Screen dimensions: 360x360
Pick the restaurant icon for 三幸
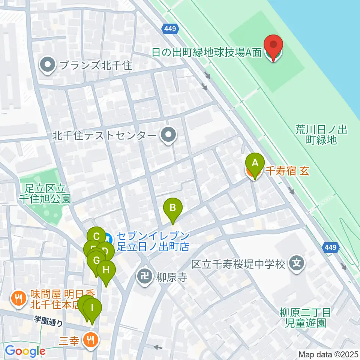(90, 340)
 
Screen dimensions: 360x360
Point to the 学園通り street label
(48, 321)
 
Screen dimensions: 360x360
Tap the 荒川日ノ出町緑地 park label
(321, 135)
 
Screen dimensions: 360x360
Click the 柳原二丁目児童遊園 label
(305, 317)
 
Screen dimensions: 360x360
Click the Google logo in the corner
(25, 351)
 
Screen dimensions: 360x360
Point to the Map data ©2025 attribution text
(328, 354)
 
